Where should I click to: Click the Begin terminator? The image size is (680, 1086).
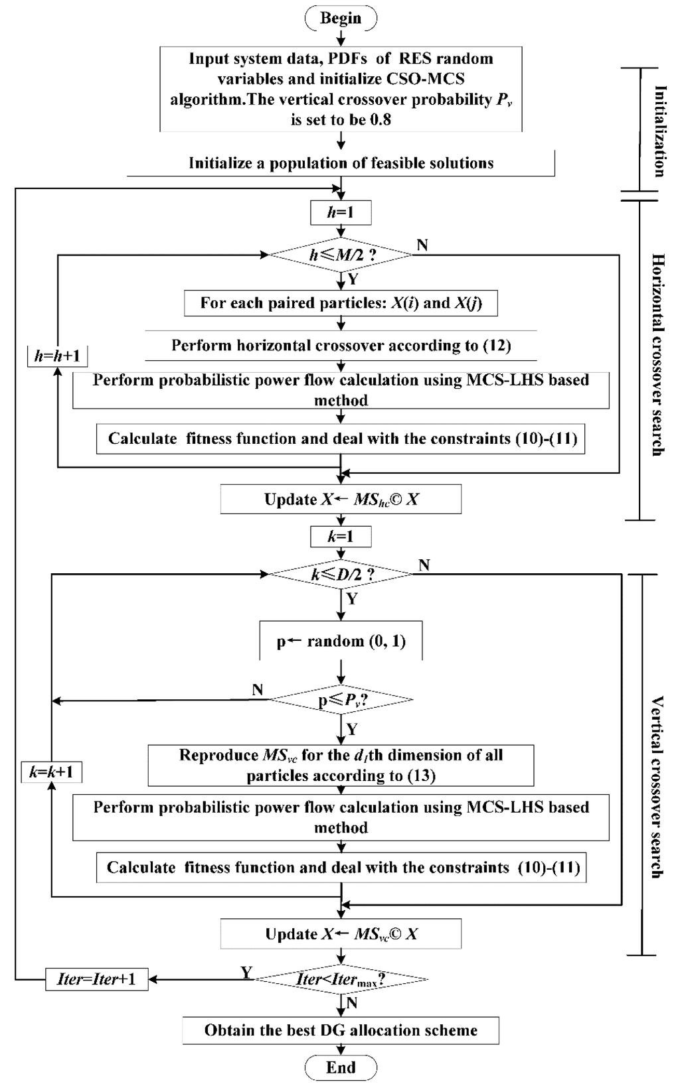point(341,18)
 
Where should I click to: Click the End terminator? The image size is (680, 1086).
point(341,1067)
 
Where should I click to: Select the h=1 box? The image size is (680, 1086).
point(341,213)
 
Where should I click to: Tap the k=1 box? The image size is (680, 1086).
point(341,536)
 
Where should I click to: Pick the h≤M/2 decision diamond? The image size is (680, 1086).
point(341,255)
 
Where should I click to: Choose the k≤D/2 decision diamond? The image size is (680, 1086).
point(341,575)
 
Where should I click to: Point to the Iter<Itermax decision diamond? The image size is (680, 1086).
point(341,979)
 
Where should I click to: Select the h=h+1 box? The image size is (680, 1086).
point(58,356)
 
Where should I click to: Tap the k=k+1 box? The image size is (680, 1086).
point(52,772)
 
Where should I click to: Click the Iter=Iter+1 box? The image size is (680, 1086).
point(96,979)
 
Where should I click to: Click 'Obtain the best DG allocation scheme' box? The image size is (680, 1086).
point(341,1030)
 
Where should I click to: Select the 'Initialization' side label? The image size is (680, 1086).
point(659,131)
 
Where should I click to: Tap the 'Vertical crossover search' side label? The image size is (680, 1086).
point(657,787)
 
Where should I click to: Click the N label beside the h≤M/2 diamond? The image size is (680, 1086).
point(422,245)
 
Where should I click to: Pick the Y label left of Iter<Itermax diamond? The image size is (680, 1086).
point(246,973)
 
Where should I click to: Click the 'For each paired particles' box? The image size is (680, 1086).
point(341,303)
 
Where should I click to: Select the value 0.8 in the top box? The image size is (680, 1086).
point(377,119)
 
